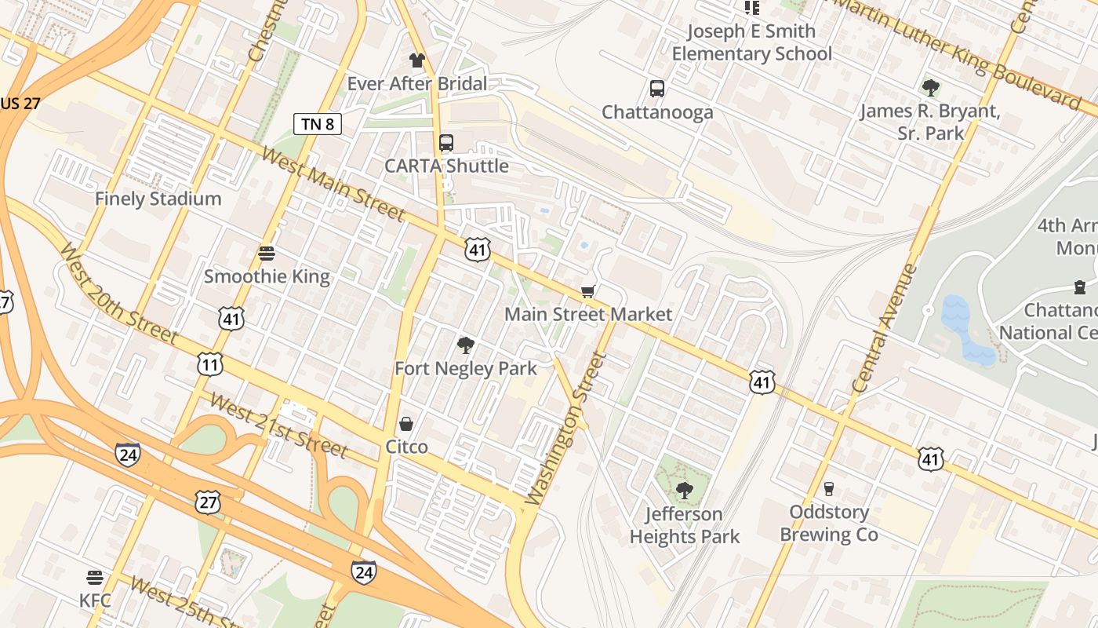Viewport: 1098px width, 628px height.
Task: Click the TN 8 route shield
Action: [318, 123]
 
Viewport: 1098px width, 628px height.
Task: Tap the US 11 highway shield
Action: [210, 364]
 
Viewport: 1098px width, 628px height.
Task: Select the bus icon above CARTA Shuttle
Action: [446, 142]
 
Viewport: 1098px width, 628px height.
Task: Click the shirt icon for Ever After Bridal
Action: [416, 60]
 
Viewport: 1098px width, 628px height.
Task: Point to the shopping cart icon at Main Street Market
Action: [587, 291]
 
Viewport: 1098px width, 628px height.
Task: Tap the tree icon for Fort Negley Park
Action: [466, 345]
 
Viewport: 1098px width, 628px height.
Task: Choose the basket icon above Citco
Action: [406, 424]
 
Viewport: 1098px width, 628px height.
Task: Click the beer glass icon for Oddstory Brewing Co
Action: [829, 489]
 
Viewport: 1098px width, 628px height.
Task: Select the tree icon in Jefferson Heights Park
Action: [685, 491]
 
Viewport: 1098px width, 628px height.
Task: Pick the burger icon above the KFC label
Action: [95, 578]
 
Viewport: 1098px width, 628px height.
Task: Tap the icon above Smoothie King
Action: [267, 253]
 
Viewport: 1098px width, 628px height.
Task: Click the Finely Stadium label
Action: [158, 199]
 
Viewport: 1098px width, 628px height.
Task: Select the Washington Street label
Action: [566, 428]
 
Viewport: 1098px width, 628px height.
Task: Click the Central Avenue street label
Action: [884, 328]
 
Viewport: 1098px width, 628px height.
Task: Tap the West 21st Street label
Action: [278, 425]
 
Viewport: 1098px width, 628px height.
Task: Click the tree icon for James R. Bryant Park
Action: [930, 87]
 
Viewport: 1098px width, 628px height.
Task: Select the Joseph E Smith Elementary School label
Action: [751, 42]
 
